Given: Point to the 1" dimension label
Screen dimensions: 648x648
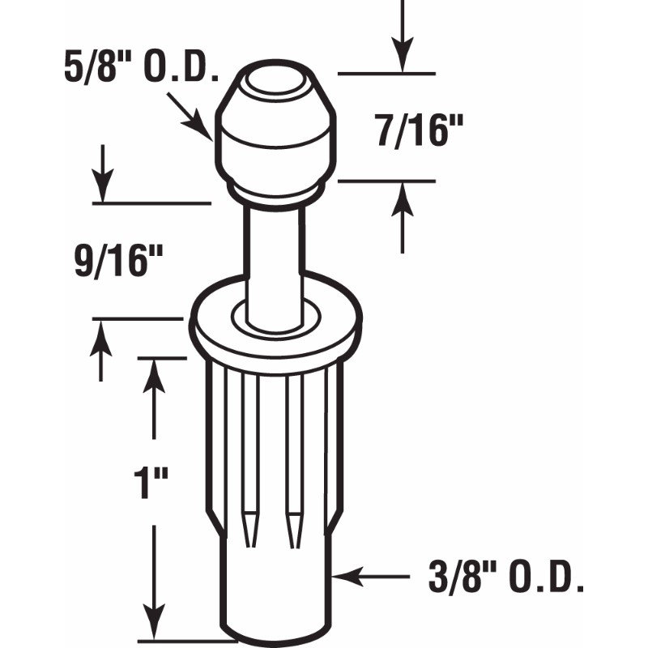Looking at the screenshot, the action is click(x=151, y=483).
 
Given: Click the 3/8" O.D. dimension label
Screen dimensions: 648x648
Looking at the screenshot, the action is click(x=506, y=578).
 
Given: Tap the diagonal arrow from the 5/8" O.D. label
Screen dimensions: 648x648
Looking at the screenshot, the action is click(x=190, y=117).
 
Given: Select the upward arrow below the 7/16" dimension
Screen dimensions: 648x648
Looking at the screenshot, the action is click(x=402, y=218).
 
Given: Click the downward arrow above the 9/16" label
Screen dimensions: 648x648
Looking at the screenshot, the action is click(x=102, y=173).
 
